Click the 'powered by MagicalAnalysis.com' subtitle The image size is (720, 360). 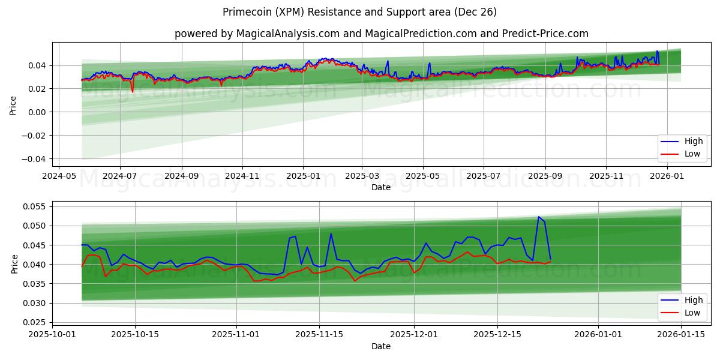click(381, 34)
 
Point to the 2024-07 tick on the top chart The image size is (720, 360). click(119, 176)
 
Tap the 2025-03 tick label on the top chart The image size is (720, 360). click(362, 176)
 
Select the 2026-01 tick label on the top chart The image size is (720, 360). click(667, 176)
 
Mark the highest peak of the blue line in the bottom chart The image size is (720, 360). click(538, 217)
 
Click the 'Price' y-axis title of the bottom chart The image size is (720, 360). click(14, 263)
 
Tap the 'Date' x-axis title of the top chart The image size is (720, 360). click(381, 187)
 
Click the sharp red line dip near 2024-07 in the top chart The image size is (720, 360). click(133, 92)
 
